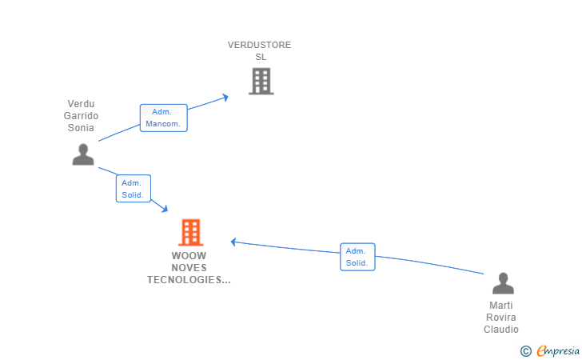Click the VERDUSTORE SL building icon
click(x=261, y=81)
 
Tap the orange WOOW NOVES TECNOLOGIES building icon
click(x=191, y=233)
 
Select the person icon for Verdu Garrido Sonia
click(x=83, y=154)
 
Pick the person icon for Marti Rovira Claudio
click(x=504, y=283)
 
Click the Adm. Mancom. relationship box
click(x=164, y=118)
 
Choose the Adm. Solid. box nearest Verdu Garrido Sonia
click(x=134, y=188)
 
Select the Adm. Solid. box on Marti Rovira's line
click(x=357, y=257)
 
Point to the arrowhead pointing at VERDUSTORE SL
click(x=225, y=98)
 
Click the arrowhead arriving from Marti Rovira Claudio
click(x=233, y=242)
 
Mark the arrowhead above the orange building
click(x=165, y=209)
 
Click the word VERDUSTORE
click(x=260, y=45)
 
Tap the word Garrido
click(x=81, y=115)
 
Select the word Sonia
click(x=81, y=128)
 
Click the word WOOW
click(x=189, y=256)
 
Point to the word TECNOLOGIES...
click(x=189, y=280)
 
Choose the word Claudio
click(x=501, y=329)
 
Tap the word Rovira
click(x=501, y=318)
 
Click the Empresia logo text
click(x=558, y=350)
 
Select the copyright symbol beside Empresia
click(x=526, y=351)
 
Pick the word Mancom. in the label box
click(x=163, y=124)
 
